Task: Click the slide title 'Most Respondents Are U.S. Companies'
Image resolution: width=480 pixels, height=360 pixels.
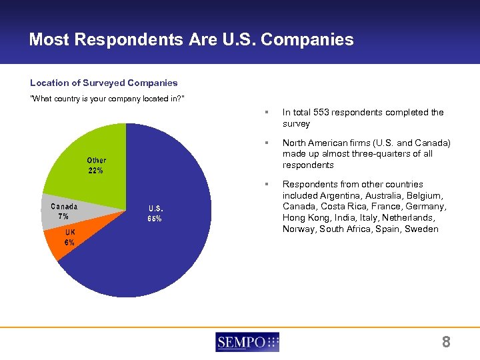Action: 191,40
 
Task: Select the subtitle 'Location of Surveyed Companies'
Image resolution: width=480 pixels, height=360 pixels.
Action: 104,83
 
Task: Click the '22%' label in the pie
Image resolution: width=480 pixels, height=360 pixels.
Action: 96,171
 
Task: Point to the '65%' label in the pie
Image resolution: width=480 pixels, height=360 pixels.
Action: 155,219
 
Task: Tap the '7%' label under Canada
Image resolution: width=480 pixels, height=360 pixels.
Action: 64,217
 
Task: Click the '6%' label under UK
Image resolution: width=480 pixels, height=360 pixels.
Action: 69,242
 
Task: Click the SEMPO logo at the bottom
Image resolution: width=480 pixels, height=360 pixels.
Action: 247,343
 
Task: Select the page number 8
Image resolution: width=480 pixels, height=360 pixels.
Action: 446,343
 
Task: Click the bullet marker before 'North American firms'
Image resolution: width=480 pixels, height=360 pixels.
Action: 266,143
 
